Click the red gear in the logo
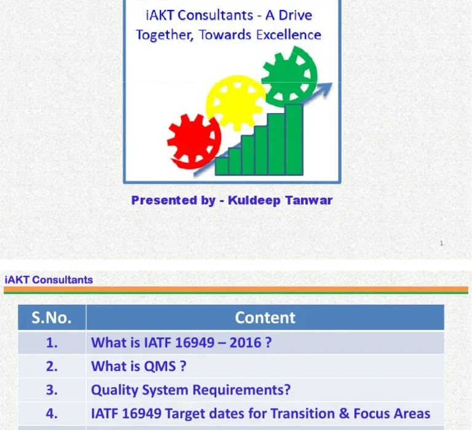point(194,141)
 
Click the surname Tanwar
point(309,200)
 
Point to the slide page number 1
point(441,244)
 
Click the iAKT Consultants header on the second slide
point(49,280)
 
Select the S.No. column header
point(52,318)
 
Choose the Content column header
point(265,318)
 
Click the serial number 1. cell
point(52,343)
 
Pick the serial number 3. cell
point(52,390)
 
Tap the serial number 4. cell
point(52,413)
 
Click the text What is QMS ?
point(138,366)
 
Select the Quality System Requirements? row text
point(191,390)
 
